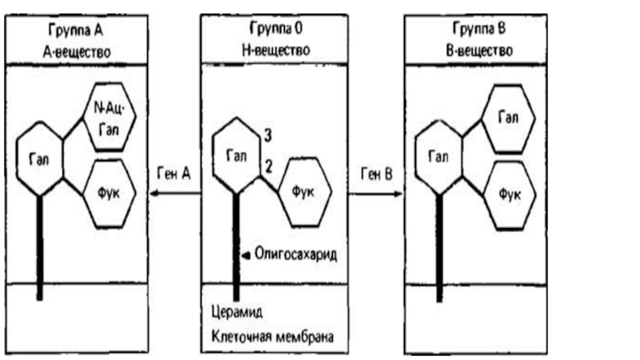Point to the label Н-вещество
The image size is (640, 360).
pyautogui.click(x=274, y=50)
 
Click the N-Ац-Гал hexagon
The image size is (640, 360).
pyautogui.click(x=109, y=115)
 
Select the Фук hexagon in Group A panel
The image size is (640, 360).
pyautogui.click(x=109, y=191)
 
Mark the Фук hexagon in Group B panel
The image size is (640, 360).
pyautogui.click(x=506, y=193)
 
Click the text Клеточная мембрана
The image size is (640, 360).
pyautogui.click(x=274, y=336)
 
